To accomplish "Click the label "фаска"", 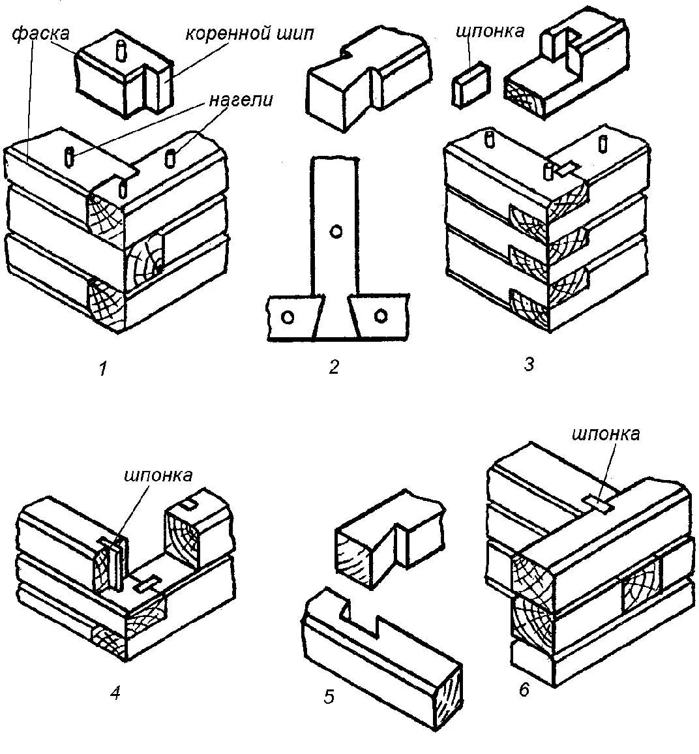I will [x=39, y=33].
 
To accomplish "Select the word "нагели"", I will [x=241, y=100].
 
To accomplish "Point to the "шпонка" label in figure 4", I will [x=158, y=475].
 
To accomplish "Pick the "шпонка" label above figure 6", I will [x=606, y=434].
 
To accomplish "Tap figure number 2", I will [x=334, y=367].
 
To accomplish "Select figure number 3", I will [x=529, y=364].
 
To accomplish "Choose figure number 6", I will [x=524, y=690].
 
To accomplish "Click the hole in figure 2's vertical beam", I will [x=336, y=232].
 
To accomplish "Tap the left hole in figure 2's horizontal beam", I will [x=286, y=317].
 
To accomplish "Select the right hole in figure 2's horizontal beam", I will [x=380, y=317].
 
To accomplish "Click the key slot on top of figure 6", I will [x=598, y=502].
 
